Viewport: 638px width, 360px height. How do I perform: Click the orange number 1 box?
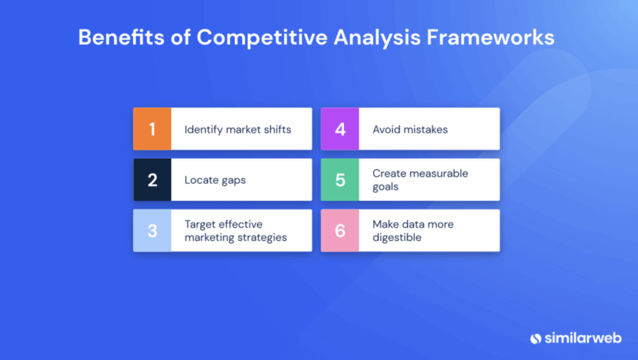(x=152, y=129)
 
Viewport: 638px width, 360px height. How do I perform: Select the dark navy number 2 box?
(x=152, y=180)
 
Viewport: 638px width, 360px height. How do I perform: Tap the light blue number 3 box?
(x=152, y=230)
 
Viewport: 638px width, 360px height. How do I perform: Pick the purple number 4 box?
(x=340, y=129)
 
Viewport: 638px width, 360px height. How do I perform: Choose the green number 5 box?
(x=340, y=180)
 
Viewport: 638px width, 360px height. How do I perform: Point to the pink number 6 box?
(x=340, y=230)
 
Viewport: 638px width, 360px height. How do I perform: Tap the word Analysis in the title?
(x=376, y=37)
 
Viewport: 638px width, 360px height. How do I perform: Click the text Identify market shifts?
(x=237, y=130)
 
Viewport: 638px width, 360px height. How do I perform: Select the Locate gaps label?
(x=215, y=180)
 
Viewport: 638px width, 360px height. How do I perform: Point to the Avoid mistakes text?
(x=410, y=130)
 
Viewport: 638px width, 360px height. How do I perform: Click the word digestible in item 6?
(x=397, y=237)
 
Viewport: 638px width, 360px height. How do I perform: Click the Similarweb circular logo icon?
(x=535, y=338)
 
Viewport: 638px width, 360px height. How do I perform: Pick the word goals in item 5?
(x=385, y=186)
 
